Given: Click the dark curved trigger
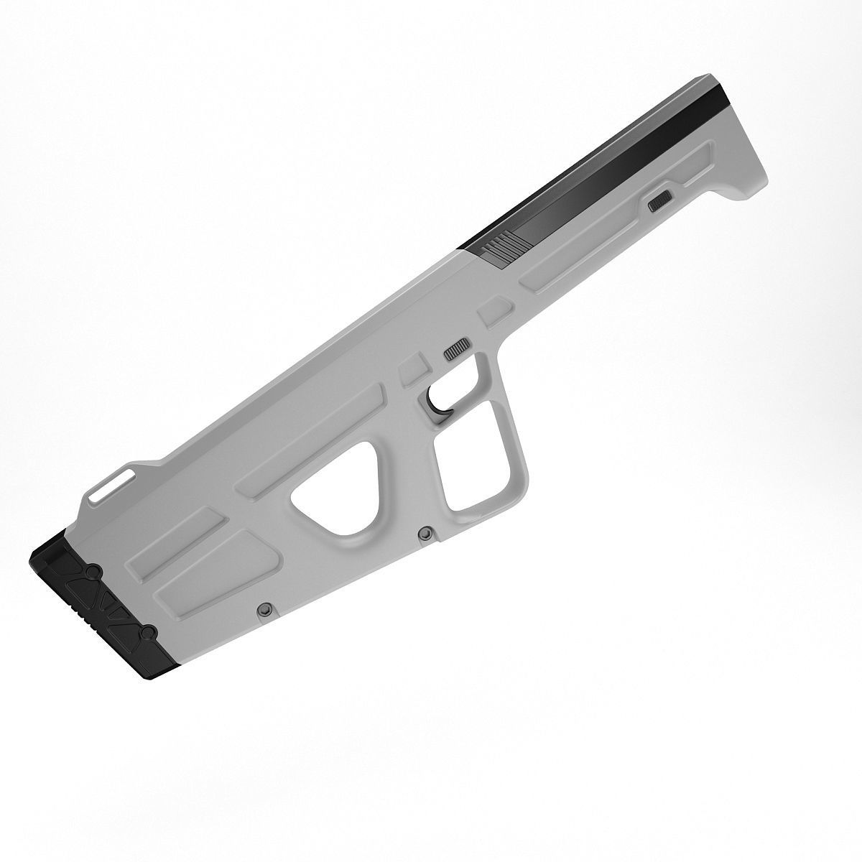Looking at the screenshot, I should tap(436, 402).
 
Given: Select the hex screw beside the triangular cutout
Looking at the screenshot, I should tap(425, 533).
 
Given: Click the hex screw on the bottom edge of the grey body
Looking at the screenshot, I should tap(264, 609).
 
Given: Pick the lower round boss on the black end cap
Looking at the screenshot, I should tap(147, 632).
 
